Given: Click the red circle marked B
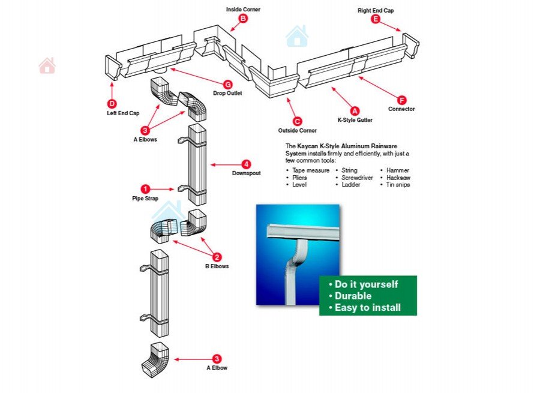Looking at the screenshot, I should [243, 19].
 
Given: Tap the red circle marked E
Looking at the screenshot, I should [376, 19].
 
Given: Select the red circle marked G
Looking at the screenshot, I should [227, 84].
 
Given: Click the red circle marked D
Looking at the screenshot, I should [112, 103].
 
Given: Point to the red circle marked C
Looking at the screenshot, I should [297, 121].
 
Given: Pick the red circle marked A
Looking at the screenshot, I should [355, 111].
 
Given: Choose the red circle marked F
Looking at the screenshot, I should [401, 100].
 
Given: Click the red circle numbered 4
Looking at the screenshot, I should [246, 164].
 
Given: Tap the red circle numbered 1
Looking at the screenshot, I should [145, 188].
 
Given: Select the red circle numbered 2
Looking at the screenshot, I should [217, 257].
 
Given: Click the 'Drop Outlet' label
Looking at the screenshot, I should [227, 94].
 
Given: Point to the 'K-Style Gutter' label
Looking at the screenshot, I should [355, 120].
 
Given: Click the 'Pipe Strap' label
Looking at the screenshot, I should [145, 198].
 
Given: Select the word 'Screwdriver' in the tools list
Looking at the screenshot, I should [357, 178].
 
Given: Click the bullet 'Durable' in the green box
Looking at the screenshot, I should [353, 296].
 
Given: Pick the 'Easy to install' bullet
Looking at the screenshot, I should [367, 308].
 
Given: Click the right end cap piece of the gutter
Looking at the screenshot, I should [411, 46].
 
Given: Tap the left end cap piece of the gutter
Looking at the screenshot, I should [113, 67].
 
